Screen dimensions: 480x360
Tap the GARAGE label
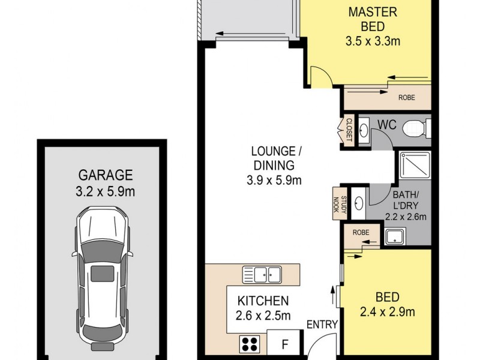click(x=106, y=175)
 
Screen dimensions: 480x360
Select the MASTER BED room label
click(x=373, y=19)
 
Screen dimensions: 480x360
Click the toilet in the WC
click(x=416, y=128)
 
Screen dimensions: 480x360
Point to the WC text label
click(x=387, y=125)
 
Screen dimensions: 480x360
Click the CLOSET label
click(x=349, y=130)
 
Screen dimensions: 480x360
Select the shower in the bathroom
click(x=415, y=166)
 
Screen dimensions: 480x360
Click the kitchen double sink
click(x=262, y=275)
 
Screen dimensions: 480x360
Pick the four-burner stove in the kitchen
click(x=250, y=344)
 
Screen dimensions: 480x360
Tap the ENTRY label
click(x=322, y=324)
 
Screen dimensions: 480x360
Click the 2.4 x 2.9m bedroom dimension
click(x=387, y=312)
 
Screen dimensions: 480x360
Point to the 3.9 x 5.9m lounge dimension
click(x=274, y=180)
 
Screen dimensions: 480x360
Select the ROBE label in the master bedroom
click(x=407, y=98)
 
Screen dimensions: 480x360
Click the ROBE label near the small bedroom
click(x=361, y=233)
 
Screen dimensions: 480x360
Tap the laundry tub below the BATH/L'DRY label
click(x=395, y=236)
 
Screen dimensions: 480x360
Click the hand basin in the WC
click(x=364, y=131)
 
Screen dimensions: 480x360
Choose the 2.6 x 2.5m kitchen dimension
click(x=263, y=316)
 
